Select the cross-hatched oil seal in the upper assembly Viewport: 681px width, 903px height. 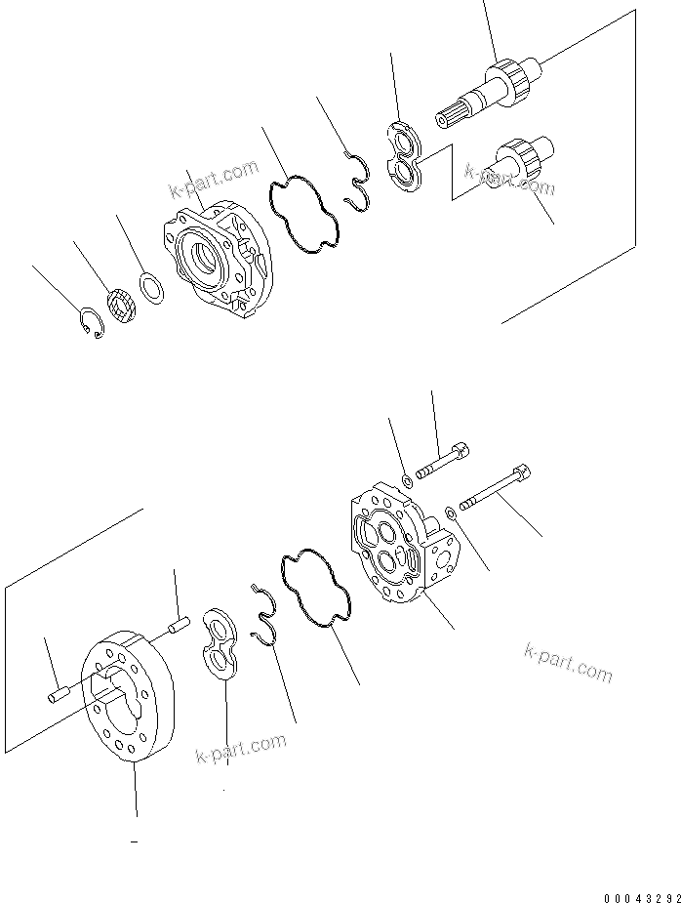pos(120,308)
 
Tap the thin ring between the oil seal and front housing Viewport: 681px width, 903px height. pos(150,287)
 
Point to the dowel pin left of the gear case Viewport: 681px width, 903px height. pos(56,695)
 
